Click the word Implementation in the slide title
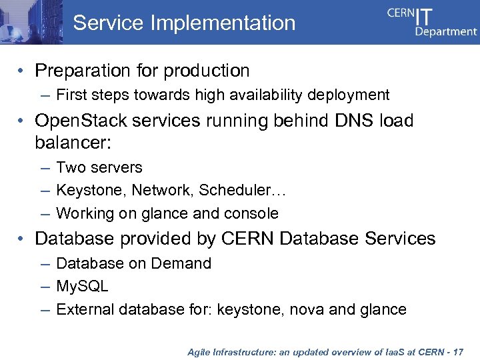coord(223,23)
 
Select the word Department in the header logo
coord(446,31)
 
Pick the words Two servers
coord(99,167)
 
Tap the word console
coord(252,213)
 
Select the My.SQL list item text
coord(82,287)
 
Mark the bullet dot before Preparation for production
coord(22,71)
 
